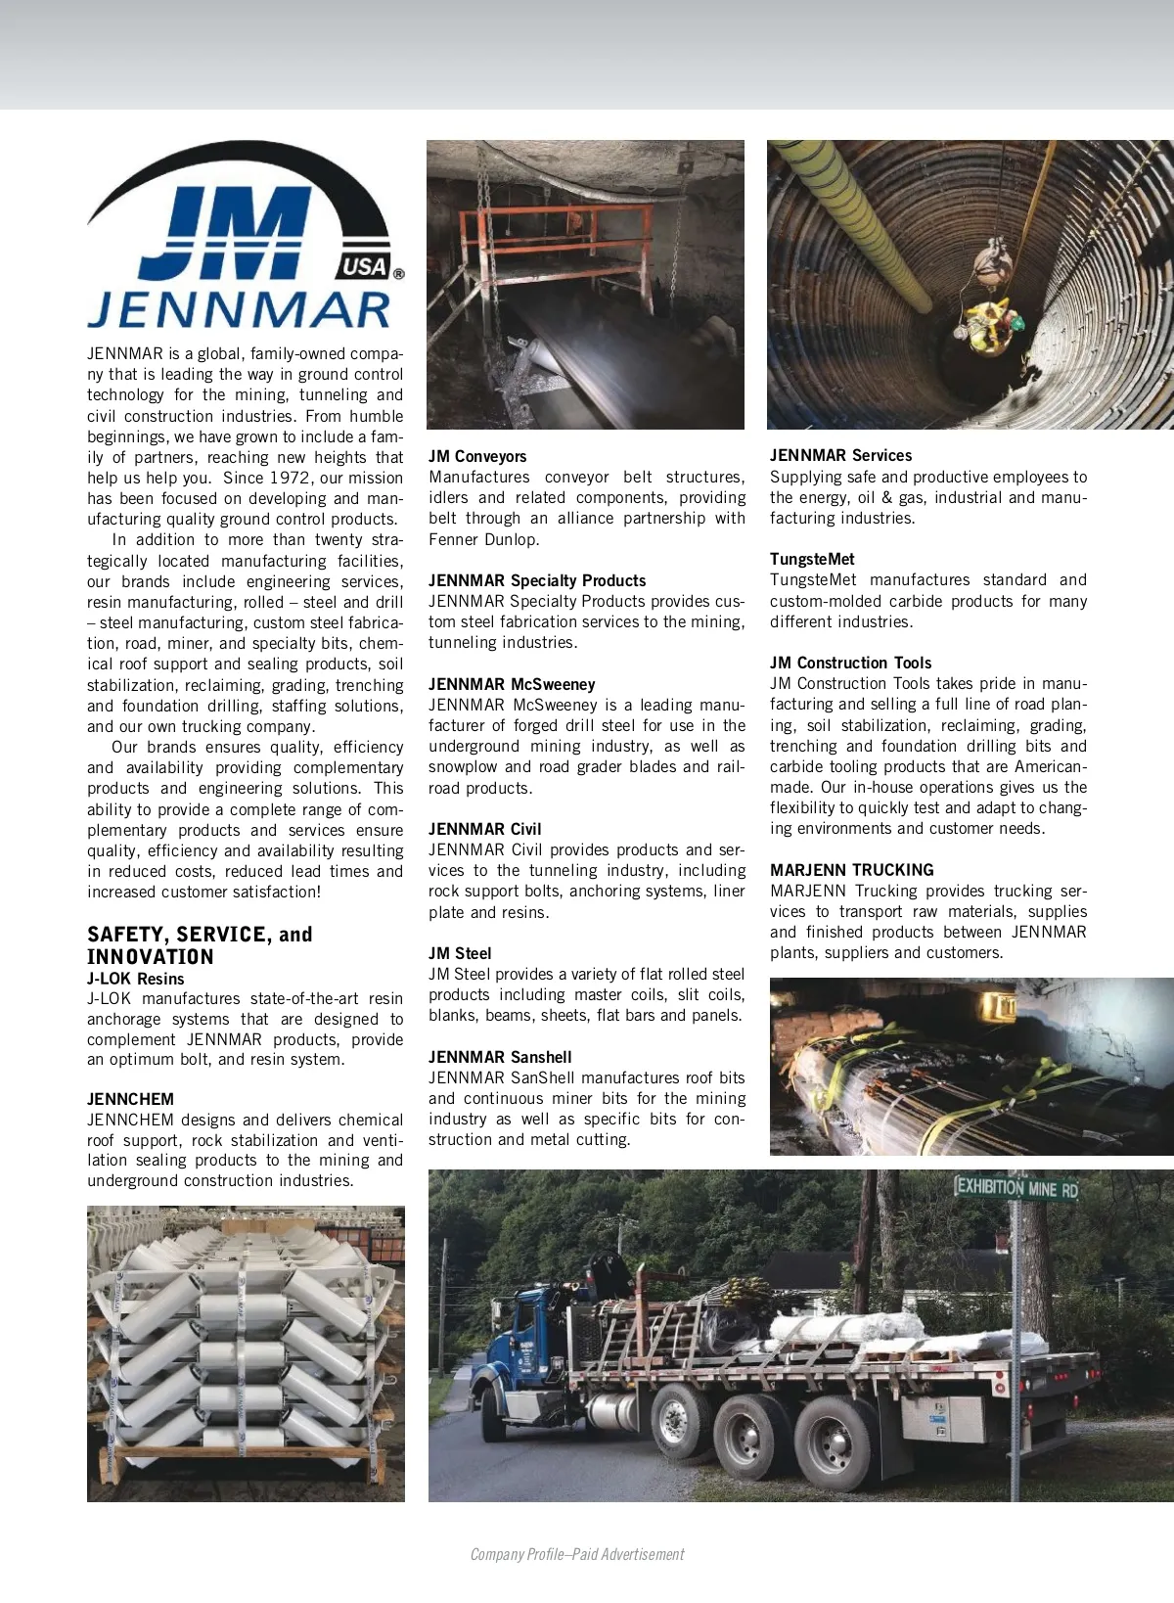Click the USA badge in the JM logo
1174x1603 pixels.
[x=365, y=266]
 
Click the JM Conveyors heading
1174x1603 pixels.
[x=477, y=456]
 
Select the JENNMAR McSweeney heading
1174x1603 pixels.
[x=512, y=684]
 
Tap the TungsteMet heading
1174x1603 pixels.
[x=812, y=559]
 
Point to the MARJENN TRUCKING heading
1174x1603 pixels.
[x=851, y=870]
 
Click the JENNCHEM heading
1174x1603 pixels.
[x=130, y=1099]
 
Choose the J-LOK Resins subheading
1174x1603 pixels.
[x=135, y=979]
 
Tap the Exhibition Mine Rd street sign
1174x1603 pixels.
[x=1016, y=1188]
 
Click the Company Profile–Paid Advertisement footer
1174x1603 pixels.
[x=577, y=1554]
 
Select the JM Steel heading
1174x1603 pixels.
[x=460, y=953]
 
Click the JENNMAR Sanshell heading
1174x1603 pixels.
[x=500, y=1057]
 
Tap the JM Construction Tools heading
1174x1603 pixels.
[x=850, y=663]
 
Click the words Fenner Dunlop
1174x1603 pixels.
[x=483, y=539]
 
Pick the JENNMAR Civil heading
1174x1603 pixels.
[x=484, y=829]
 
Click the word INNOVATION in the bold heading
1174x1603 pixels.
[x=150, y=957]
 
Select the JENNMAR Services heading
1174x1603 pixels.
[x=840, y=455]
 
